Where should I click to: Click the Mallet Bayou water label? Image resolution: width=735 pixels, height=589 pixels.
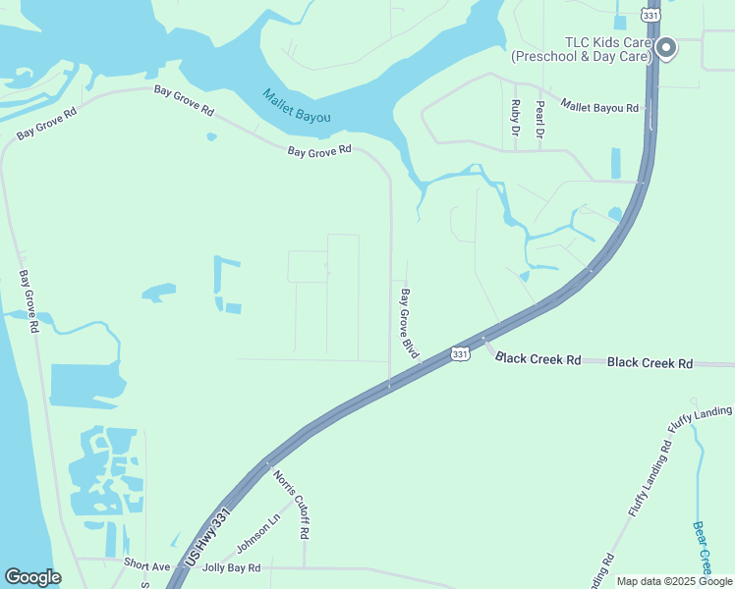[296, 106]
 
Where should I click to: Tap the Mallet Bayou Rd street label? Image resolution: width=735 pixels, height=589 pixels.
[599, 105]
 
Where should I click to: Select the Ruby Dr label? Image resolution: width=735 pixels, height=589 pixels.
[515, 116]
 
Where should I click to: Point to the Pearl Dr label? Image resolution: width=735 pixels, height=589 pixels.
[539, 118]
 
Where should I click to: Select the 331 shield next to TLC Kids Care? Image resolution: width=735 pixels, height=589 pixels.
[650, 15]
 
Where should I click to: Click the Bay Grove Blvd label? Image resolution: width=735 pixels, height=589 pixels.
[408, 322]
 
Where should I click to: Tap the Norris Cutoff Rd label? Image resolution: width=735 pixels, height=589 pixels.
[293, 504]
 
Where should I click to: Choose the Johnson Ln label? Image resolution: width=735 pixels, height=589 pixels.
[258, 531]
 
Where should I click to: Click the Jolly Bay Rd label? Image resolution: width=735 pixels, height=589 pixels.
[231, 567]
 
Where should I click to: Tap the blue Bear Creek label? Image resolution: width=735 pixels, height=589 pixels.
[703, 547]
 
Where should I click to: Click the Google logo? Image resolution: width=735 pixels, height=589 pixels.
[32, 577]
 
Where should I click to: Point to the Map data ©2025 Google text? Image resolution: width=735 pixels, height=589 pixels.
[673, 581]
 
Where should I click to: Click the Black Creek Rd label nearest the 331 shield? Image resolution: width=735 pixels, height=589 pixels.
[537, 359]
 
